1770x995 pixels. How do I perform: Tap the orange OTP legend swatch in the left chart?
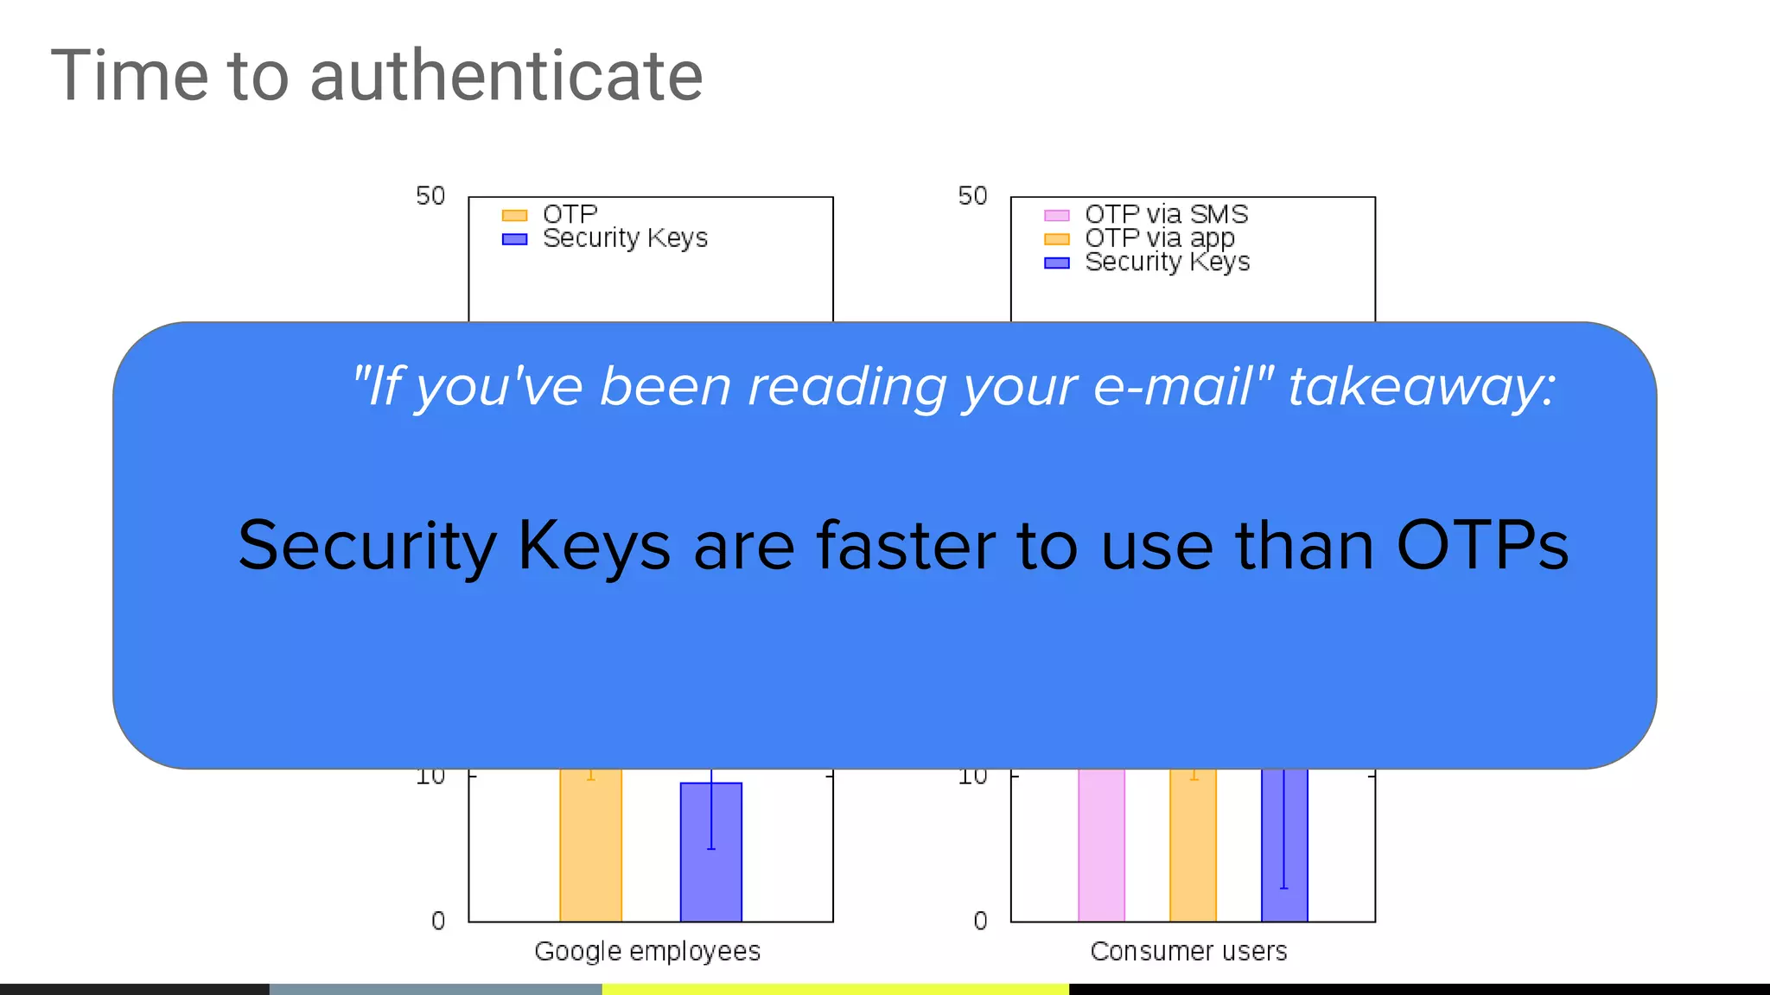514,215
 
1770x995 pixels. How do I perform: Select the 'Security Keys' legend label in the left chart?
625,238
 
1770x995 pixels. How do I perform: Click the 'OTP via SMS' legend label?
1166,214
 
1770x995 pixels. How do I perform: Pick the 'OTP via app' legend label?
1159,238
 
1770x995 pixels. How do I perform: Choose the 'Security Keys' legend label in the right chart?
1167,262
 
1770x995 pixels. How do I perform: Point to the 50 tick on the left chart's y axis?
430,196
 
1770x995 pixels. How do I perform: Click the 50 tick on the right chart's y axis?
972,196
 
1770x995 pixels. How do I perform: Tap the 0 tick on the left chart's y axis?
438,921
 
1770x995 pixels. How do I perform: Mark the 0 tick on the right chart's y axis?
980,921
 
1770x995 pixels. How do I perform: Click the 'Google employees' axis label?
647,951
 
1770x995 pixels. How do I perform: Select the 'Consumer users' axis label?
1188,951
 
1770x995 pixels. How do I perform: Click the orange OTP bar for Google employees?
590,846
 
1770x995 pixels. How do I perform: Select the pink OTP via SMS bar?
1101,846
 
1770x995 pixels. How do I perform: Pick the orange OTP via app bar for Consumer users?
1193,846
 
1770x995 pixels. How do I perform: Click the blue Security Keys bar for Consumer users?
1284,846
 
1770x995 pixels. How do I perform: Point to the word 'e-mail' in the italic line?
1171,386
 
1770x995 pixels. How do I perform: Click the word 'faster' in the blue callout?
905,546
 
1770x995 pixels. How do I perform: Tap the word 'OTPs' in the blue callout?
1482,546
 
